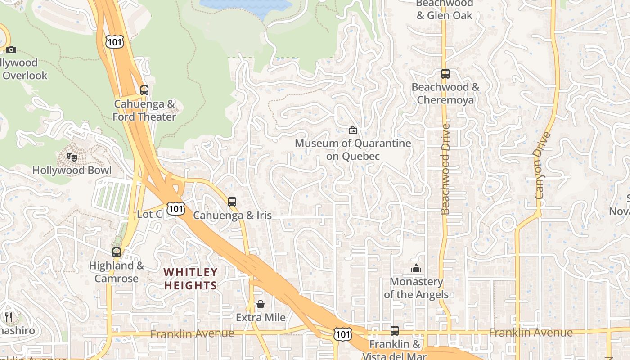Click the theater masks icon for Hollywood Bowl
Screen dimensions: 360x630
point(72,157)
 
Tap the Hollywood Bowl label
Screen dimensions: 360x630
point(72,170)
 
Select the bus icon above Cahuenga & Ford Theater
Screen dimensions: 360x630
point(144,90)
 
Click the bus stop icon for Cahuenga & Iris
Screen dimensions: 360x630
point(232,202)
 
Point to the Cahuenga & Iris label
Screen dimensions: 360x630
point(232,215)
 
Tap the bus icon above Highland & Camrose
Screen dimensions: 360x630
point(117,252)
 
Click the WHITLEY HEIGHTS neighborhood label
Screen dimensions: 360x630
point(191,279)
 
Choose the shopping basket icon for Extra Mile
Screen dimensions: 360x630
point(261,305)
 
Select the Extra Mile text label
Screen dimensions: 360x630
point(261,318)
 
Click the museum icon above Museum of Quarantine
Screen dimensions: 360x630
point(353,130)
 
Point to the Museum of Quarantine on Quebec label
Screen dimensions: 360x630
point(353,149)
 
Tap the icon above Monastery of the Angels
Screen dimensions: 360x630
point(416,269)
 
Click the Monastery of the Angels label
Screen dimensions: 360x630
point(416,288)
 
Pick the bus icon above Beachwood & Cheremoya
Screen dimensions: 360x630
point(445,74)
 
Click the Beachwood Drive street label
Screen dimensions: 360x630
point(445,169)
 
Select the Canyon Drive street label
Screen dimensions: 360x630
point(542,166)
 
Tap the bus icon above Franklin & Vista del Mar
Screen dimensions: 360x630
point(395,331)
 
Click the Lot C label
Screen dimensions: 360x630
point(149,214)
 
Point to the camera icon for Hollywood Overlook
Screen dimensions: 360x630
point(11,49)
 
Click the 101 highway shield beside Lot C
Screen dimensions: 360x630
point(175,208)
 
